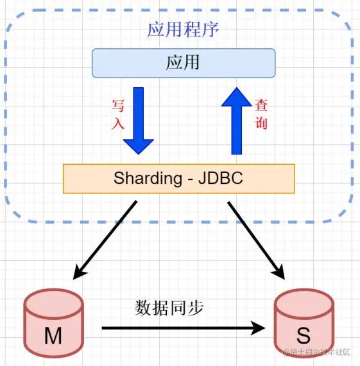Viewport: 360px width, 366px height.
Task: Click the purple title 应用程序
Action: click(x=183, y=29)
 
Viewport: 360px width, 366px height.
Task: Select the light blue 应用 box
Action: click(x=184, y=63)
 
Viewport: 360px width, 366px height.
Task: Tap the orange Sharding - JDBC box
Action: click(x=178, y=179)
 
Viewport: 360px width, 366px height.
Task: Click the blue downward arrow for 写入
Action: click(x=139, y=121)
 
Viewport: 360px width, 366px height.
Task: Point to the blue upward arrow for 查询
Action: click(x=236, y=121)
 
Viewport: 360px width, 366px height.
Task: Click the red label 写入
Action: click(x=117, y=114)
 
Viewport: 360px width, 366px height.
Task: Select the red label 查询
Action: click(x=261, y=113)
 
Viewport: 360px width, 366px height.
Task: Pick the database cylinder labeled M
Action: click(x=53, y=323)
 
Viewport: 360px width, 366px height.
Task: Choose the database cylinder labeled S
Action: click(x=304, y=323)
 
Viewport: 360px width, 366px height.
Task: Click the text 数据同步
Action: click(x=169, y=308)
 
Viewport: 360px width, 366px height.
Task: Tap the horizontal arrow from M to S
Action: click(x=184, y=328)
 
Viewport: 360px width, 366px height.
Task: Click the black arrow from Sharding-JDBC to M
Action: click(x=105, y=240)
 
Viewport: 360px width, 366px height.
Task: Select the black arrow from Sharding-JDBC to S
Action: click(x=256, y=240)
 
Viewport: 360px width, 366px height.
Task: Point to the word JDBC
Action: click(x=221, y=178)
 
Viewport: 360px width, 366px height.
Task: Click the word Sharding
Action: click(x=148, y=179)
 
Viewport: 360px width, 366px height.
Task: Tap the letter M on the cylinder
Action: click(x=53, y=335)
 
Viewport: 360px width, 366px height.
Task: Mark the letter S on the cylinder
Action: click(x=304, y=335)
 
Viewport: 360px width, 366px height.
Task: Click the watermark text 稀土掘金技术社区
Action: click(x=317, y=352)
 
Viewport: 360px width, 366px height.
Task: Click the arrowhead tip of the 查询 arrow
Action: click(x=237, y=88)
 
